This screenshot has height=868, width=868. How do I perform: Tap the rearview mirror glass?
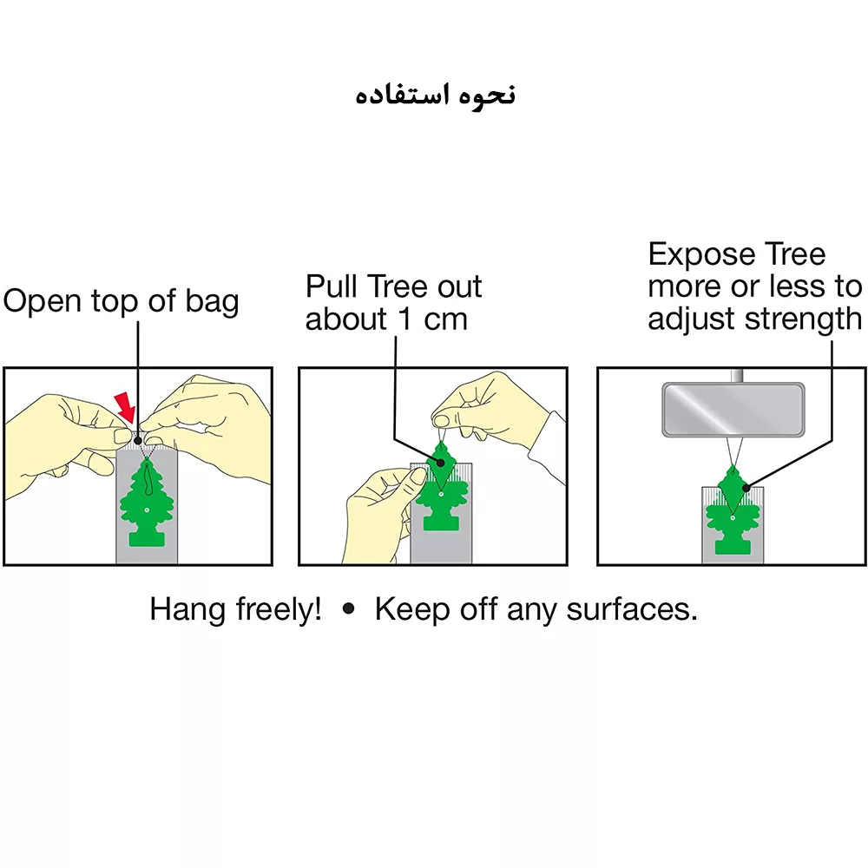733,409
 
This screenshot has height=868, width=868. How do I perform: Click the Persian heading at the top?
435,95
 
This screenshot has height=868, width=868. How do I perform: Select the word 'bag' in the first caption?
212,302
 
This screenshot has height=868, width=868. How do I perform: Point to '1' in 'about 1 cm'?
405,319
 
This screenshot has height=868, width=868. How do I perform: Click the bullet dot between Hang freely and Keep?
349,609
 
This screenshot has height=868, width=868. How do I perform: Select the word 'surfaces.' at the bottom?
632,609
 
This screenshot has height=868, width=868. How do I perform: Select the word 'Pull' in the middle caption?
331,286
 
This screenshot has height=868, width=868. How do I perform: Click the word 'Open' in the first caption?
42,302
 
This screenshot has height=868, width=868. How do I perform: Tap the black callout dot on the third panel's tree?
746,488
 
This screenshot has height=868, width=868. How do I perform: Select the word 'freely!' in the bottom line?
279,610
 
